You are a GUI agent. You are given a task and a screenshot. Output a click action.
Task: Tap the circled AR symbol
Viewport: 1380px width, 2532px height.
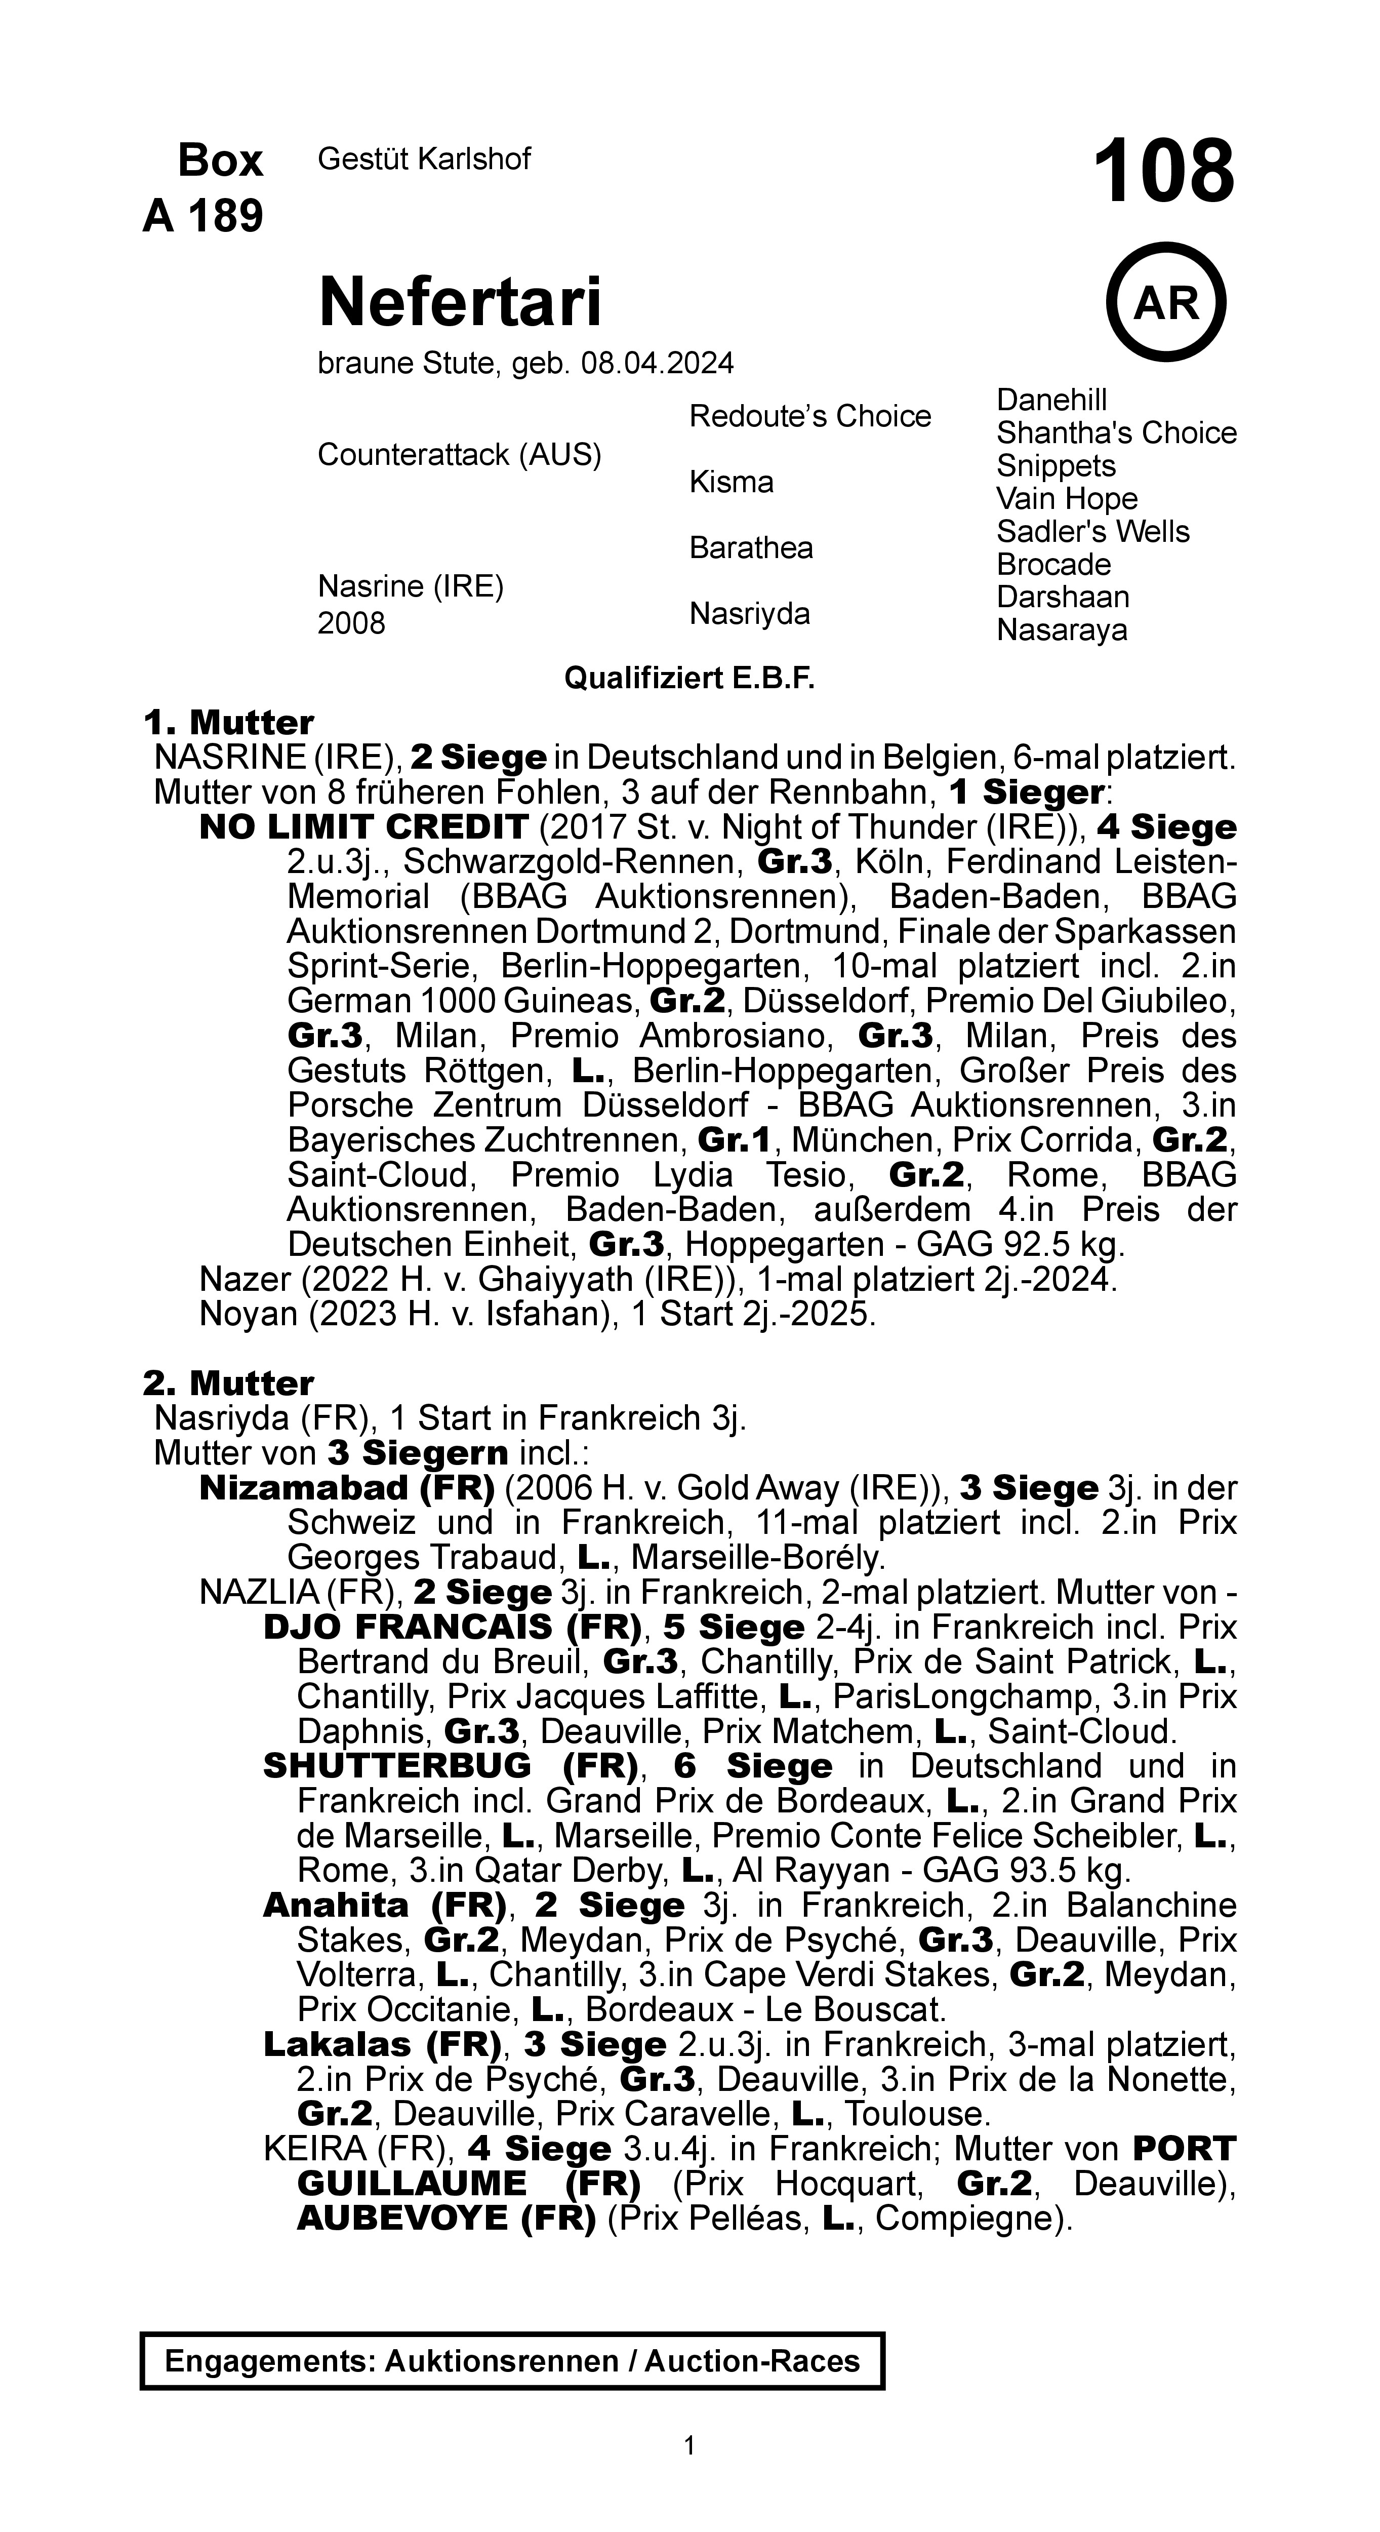(x=1166, y=303)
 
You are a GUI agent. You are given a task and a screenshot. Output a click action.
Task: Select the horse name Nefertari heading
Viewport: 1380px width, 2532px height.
(x=459, y=302)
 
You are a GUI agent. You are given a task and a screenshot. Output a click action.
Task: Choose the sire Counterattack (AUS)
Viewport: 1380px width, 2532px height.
(x=459, y=455)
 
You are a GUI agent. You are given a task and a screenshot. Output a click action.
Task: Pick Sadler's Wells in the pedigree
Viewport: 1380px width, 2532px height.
(x=1092, y=532)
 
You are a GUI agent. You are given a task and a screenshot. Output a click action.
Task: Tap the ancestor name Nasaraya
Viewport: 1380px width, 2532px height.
(x=1062, y=630)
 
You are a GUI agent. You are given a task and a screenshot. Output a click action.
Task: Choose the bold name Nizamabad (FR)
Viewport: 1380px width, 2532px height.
(x=346, y=1488)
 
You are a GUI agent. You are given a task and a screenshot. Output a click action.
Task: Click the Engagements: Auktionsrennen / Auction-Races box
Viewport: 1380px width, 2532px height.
(x=512, y=2361)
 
